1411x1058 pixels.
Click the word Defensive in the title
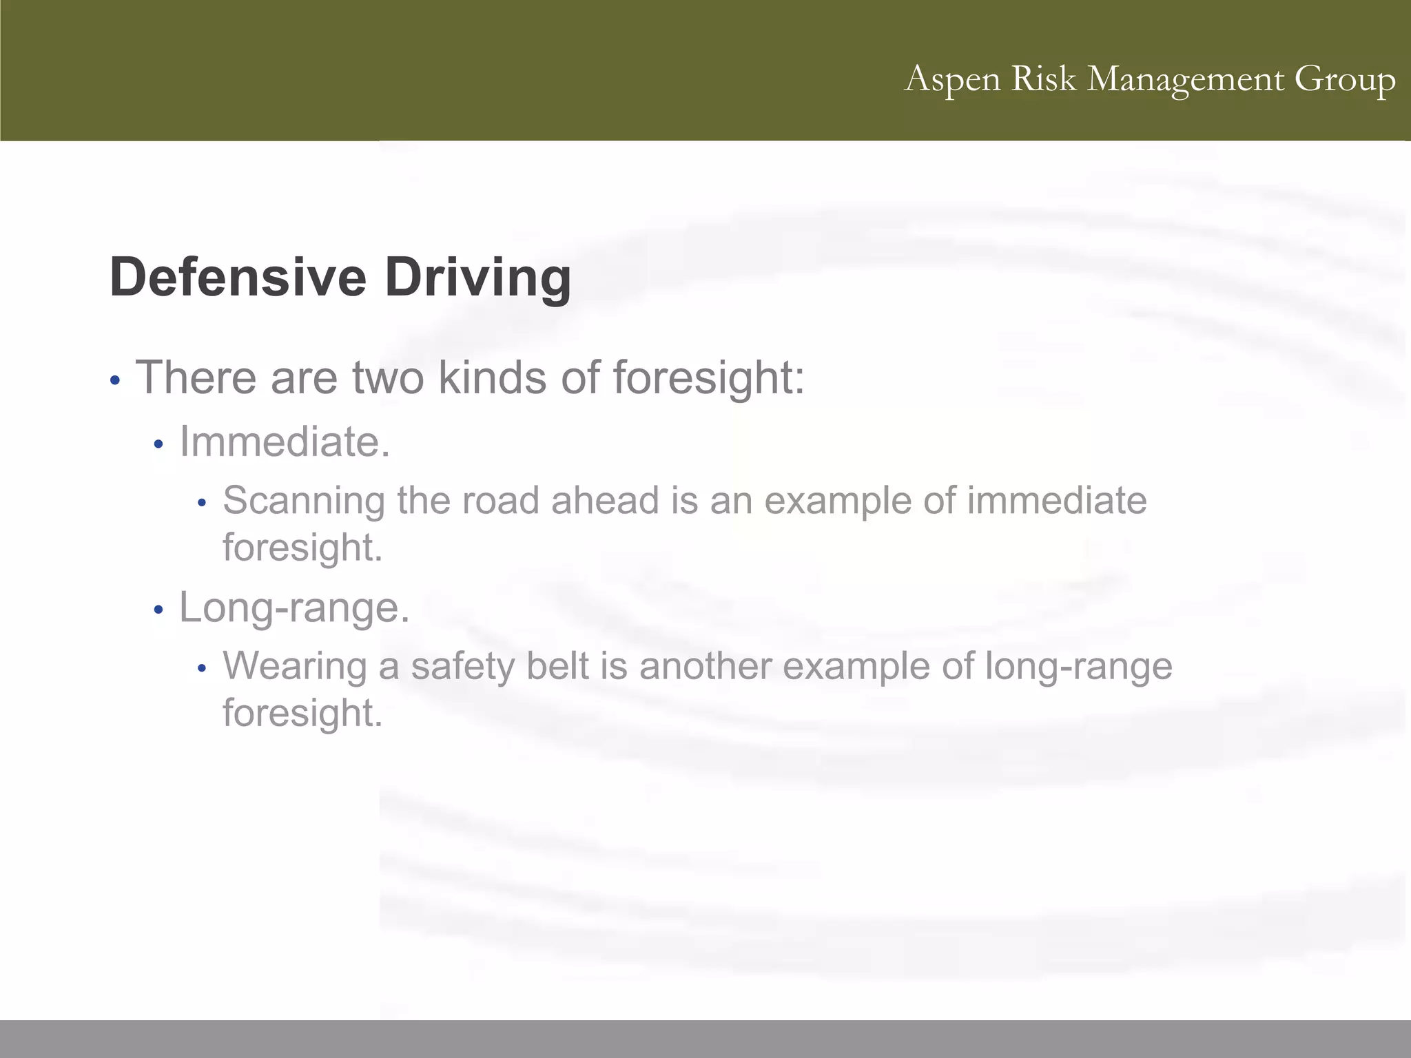coord(237,277)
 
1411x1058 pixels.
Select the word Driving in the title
coord(477,278)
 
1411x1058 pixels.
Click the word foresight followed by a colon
coord(708,379)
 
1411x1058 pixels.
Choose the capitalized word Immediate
coord(285,442)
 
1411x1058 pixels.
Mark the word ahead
coord(605,500)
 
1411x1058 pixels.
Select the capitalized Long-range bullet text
coord(294,608)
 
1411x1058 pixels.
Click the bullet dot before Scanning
coord(201,504)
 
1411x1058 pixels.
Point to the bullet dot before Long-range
coord(158,610)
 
